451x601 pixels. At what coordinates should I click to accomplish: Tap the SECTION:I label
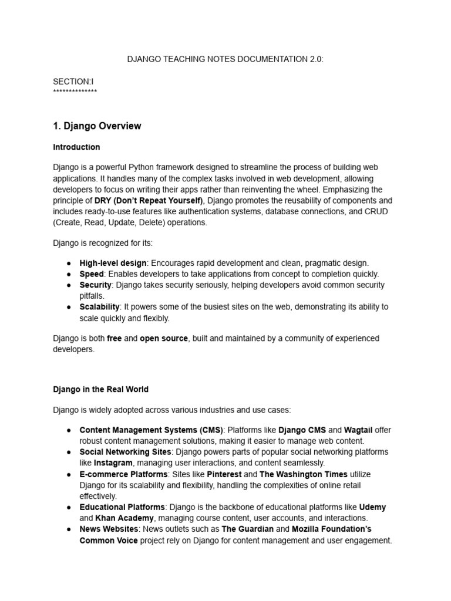point(73,82)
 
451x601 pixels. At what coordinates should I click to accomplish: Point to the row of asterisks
point(75,92)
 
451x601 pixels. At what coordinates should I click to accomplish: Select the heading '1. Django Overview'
point(97,126)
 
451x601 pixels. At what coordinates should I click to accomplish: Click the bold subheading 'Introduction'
point(76,147)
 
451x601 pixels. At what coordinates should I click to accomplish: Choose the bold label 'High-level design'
point(113,264)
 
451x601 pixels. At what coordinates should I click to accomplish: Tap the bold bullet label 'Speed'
point(92,274)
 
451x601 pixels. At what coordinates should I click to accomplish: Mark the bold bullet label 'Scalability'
point(99,307)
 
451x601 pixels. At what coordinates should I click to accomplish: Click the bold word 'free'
point(114,339)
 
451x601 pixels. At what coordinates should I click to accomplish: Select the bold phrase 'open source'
point(164,339)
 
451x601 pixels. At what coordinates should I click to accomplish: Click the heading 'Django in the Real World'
point(100,389)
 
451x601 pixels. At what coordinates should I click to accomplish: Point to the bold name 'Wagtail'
point(358,430)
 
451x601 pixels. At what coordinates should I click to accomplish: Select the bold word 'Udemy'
point(372,507)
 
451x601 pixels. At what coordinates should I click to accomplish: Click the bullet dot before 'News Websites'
point(69,529)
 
